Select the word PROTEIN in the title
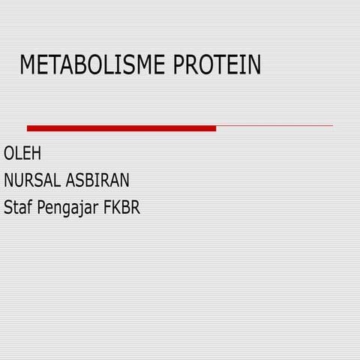coord(217,66)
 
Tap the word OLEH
coord(22,154)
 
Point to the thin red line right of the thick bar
coord(274,126)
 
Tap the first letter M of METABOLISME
coord(28,66)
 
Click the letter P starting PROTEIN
coord(180,66)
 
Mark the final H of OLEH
coord(36,154)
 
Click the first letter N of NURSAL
coord(9,181)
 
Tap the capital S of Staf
coord(8,207)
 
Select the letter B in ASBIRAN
coord(90,181)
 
